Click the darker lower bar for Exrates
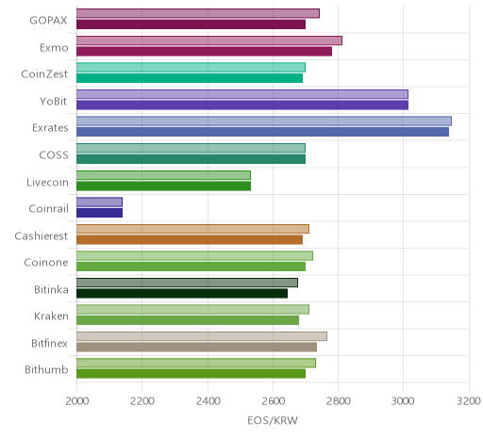pos(262,132)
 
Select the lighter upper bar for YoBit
pos(242,94)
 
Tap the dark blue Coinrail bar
pos(99,213)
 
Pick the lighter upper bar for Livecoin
pos(163,175)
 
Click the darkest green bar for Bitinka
pos(182,294)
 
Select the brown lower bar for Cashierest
pos(190,240)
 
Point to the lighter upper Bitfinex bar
pos(202,336)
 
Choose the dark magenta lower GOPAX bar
pos(191,24)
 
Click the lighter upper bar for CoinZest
pos(191,68)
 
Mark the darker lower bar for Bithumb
pos(191,374)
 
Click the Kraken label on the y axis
pos(51,316)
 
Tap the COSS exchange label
pos(54,155)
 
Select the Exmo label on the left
pos(54,48)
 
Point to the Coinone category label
pos(46,262)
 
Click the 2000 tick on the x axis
pos(77,401)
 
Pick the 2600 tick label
pos(273,401)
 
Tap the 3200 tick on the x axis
pos(469,401)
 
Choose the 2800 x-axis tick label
pos(339,401)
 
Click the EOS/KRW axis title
pos(273,421)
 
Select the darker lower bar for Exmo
pos(204,52)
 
